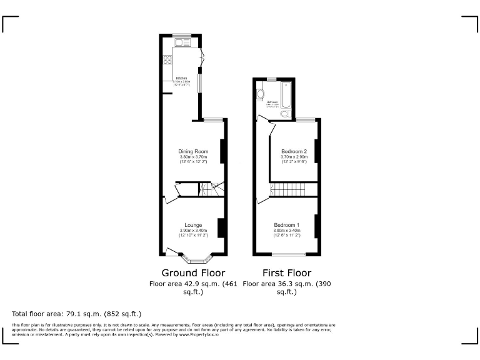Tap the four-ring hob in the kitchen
click(x=167, y=61)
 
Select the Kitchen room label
click(x=181, y=78)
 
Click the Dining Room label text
click(x=192, y=151)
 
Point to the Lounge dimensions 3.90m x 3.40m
click(x=192, y=230)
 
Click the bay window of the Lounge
click(x=196, y=257)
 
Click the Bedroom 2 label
click(x=294, y=152)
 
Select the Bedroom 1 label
click(x=286, y=225)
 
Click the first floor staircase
click(x=291, y=189)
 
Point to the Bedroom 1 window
click(x=289, y=254)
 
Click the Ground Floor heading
click(x=193, y=273)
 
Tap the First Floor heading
click(x=287, y=273)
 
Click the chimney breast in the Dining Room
click(x=222, y=151)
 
